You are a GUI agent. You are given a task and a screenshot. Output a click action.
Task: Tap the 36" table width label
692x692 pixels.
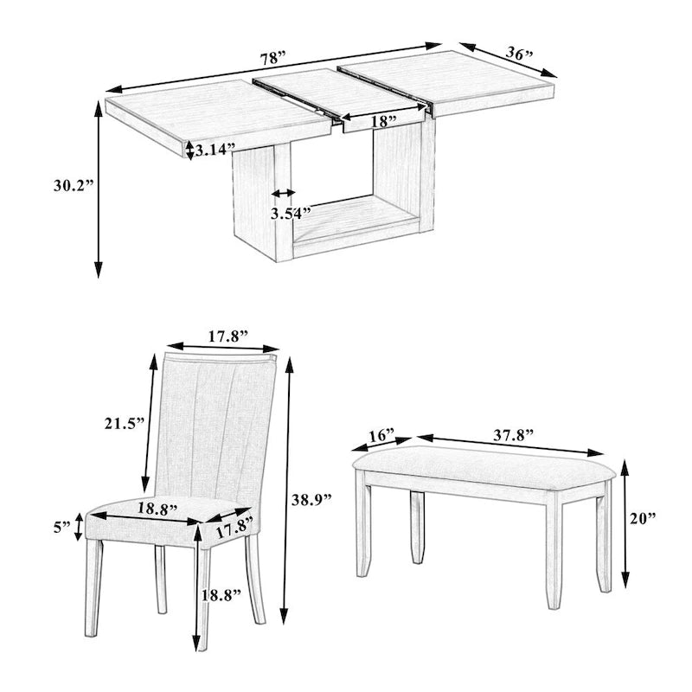518,54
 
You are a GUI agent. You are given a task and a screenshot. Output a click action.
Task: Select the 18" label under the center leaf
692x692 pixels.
384,121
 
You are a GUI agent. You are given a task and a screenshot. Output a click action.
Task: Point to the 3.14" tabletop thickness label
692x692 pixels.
215,150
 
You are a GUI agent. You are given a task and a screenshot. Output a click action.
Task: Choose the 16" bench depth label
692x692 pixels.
380,434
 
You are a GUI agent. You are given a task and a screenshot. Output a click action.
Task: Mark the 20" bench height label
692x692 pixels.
643,518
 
